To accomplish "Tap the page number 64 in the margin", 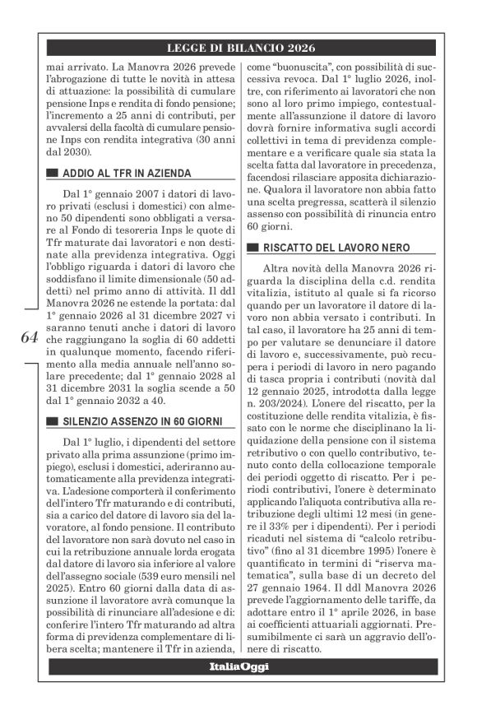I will [28, 337].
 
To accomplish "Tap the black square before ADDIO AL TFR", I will [52, 174].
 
